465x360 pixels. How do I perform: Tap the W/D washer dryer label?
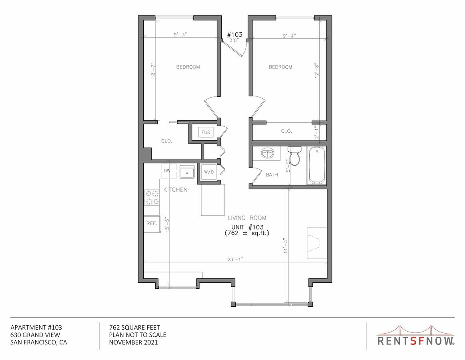pyautogui.click(x=209, y=172)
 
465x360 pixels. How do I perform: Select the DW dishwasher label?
pyautogui.click(x=167, y=171)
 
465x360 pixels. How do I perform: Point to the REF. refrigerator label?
pyautogui.click(x=151, y=224)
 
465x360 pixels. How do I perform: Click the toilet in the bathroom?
pyautogui.click(x=295, y=156)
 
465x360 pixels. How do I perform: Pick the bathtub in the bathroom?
pyautogui.click(x=317, y=165)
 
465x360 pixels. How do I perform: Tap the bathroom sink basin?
pyautogui.click(x=267, y=153)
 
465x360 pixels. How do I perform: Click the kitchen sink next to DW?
pyautogui.click(x=187, y=173)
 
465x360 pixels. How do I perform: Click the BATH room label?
pyautogui.click(x=272, y=175)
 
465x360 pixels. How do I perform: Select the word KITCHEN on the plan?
pyautogui.click(x=175, y=190)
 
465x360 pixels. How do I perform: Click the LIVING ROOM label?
pyautogui.click(x=247, y=218)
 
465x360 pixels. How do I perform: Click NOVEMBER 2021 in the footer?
pyautogui.click(x=133, y=342)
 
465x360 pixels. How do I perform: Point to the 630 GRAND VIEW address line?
pyautogui.click(x=36, y=335)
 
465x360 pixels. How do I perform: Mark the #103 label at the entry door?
pyautogui.click(x=235, y=34)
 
